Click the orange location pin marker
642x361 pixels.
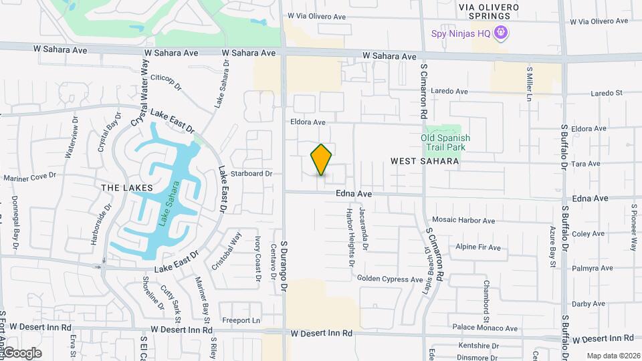[322, 160]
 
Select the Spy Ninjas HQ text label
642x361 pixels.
[461, 32]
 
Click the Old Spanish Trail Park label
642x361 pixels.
[445, 142]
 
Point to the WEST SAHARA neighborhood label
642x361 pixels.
[425, 161]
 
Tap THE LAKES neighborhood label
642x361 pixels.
[127, 188]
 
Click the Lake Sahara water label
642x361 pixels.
[169, 204]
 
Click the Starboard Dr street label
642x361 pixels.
[251, 174]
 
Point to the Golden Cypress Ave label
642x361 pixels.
[388, 278]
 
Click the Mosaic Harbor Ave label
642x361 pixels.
[463, 221]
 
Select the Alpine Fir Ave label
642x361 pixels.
[477, 247]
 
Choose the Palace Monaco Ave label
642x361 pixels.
[485, 328]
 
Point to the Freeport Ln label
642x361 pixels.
[241, 320]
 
